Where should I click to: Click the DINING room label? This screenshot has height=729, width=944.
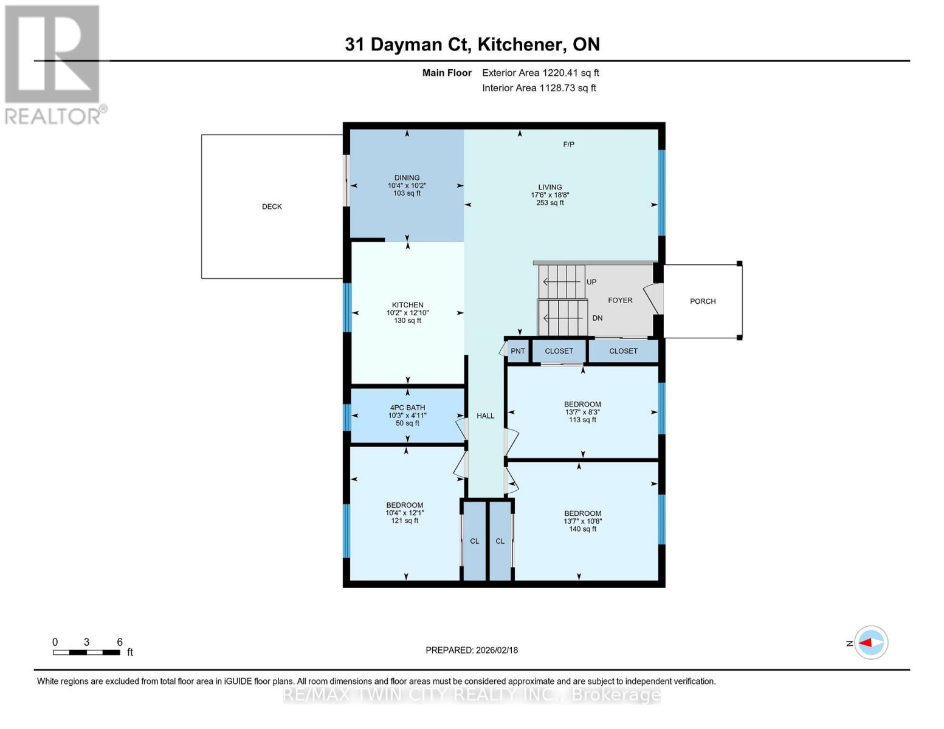pyautogui.click(x=407, y=178)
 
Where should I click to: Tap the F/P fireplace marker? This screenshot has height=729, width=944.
pyautogui.click(x=568, y=145)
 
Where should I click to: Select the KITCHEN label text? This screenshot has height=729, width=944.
pyautogui.click(x=407, y=305)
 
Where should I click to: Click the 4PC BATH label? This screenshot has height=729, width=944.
pyautogui.click(x=407, y=408)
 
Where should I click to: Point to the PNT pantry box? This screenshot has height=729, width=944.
pyautogui.click(x=518, y=351)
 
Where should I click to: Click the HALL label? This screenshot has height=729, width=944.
pyautogui.click(x=485, y=416)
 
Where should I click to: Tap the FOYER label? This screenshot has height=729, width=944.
pyautogui.click(x=620, y=300)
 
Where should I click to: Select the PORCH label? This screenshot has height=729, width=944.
pyautogui.click(x=703, y=301)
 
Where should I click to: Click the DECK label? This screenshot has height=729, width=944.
pyautogui.click(x=272, y=207)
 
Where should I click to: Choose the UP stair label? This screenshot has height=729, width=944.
pyautogui.click(x=591, y=282)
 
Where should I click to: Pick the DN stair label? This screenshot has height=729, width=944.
pyautogui.click(x=597, y=318)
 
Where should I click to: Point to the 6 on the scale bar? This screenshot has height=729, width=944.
pyautogui.click(x=120, y=642)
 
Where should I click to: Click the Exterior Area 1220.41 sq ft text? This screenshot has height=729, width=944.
pyautogui.click(x=540, y=73)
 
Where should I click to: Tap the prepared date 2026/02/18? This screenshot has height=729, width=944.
pyautogui.click(x=497, y=650)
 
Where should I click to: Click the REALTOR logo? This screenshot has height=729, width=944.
pyautogui.click(x=53, y=64)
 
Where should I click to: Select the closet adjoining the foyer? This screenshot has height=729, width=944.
pyautogui.click(x=623, y=351)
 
